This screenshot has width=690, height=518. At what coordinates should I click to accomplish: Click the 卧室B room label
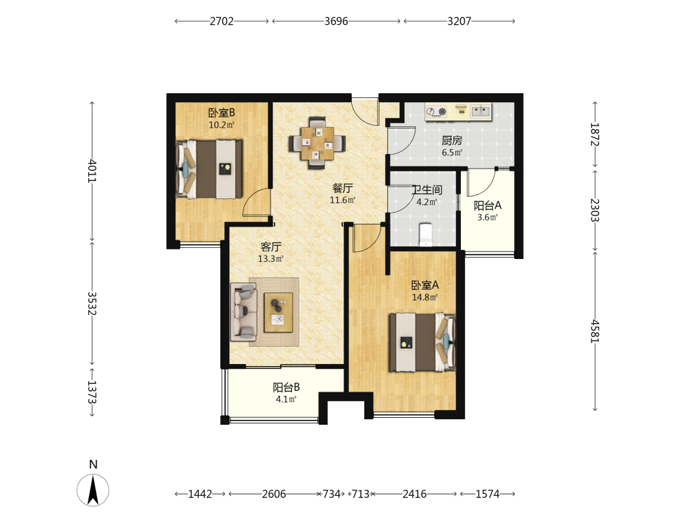coord(221,113)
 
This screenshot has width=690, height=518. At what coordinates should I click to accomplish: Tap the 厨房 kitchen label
coord(452,140)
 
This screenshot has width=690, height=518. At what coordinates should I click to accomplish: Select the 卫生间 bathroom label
coord(426,190)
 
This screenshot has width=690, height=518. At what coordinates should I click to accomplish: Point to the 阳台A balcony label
coord(488,205)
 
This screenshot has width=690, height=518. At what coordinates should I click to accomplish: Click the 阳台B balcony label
coord(286,387)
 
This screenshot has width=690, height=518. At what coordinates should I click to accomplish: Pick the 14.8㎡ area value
coord(424,297)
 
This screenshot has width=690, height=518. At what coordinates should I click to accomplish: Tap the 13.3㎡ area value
coord(270,258)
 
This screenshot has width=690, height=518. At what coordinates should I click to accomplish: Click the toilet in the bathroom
coord(426,235)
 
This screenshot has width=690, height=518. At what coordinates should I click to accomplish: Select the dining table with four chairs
coord(317,143)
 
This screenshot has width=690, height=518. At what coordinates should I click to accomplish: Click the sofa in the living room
coord(244,312)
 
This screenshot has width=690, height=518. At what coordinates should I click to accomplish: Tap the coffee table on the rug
coord(278,312)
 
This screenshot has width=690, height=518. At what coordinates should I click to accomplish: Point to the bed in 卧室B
coord(209,169)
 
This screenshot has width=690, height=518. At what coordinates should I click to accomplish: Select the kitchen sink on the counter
coord(480,111)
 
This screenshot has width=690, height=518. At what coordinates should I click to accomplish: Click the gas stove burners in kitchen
coord(437,111)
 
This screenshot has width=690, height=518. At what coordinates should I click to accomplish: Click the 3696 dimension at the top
coord(336,21)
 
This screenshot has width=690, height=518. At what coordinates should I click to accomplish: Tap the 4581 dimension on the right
coord(595,332)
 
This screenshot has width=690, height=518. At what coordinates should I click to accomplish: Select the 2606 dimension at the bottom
coord(274,495)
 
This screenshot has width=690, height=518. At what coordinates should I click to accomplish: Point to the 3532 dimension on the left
coord(92,303)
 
